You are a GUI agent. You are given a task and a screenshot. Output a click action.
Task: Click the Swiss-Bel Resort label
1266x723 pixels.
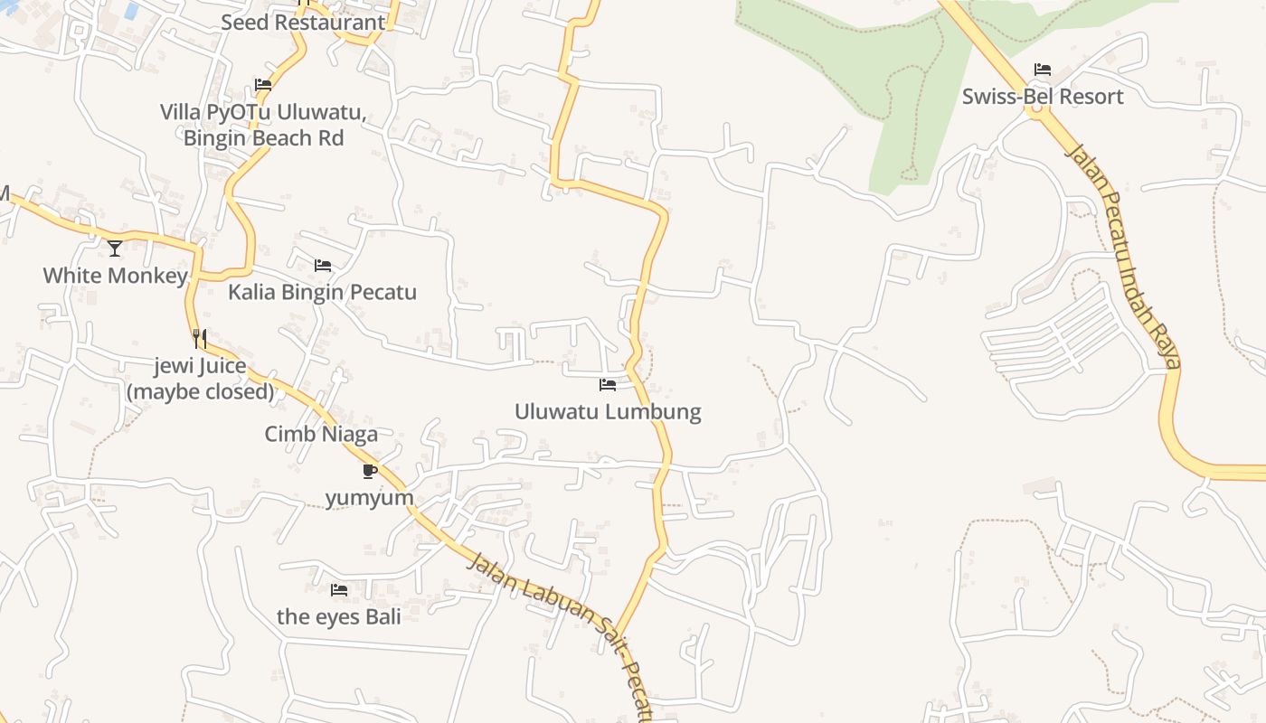pyautogui.click(x=1043, y=97)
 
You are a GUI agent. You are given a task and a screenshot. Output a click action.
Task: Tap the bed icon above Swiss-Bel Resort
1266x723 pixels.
pyautogui.click(x=1043, y=70)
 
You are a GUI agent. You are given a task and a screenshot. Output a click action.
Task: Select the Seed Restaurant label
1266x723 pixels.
pyautogui.click(x=303, y=22)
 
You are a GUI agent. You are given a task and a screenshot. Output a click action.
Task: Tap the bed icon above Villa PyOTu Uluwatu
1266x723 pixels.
pyautogui.click(x=263, y=85)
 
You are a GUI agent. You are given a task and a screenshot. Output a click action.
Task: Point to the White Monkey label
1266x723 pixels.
pyautogui.click(x=115, y=276)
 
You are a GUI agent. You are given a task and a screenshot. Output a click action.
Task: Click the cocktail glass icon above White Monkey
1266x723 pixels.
pyautogui.click(x=115, y=249)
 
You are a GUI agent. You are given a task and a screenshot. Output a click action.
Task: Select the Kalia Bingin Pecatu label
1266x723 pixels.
pyautogui.click(x=322, y=293)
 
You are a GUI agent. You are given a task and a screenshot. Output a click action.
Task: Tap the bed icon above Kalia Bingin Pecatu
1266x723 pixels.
pyautogui.click(x=322, y=266)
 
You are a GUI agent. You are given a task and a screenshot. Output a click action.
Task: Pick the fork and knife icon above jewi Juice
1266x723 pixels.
pyautogui.click(x=200, y=339)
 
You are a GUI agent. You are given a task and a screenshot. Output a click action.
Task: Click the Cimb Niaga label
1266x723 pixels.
pyautogui.click(x=321, y=435)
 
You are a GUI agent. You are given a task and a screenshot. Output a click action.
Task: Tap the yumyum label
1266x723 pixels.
pyautogui.click(x=370, y=498)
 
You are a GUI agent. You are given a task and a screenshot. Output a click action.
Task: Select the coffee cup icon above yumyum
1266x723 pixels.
pyautogui.click(x=370, y=471)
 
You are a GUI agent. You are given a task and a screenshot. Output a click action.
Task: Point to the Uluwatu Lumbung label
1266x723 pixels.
pyautogui.click(x=608, y=412)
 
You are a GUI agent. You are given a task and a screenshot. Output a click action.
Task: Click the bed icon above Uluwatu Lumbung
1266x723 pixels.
pyautogui.click(x=608, y=385)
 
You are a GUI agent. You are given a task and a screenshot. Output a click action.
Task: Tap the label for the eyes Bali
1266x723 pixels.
pyautogui.click(x=338, y=617)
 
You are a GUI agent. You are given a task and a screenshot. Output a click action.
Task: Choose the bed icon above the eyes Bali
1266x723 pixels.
pyautogui.click(x=338, y=590)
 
